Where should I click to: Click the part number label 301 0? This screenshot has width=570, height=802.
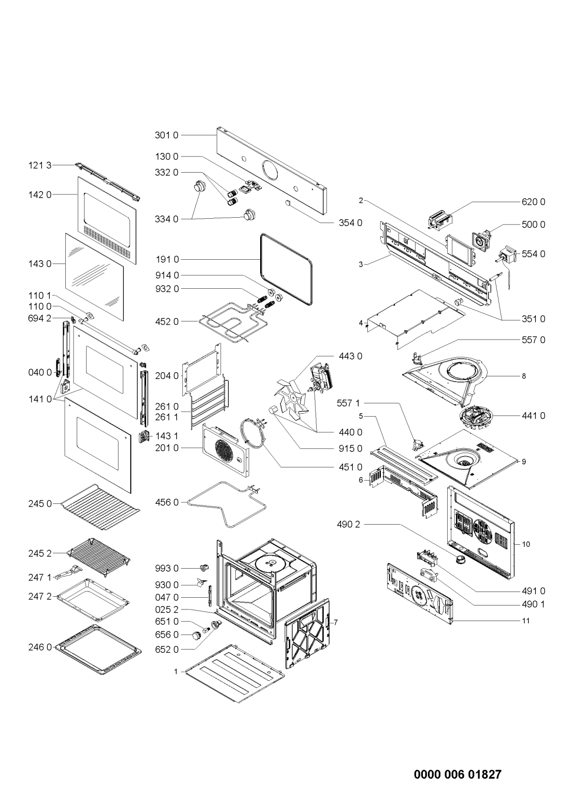click(x=166, y=135)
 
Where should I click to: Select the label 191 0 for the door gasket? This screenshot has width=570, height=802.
click(x=167, y=259)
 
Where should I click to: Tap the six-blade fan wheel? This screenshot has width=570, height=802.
click(x=290, y=398)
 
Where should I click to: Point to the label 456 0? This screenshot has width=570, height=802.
click(x=167, y=502)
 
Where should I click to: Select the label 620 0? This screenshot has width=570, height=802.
click(x=533, y=202)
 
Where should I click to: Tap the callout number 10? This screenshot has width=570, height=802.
click(x=525, y=544)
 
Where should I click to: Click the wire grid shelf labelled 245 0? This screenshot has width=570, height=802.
click(x=101, y=506)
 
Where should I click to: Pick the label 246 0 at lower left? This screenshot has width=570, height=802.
click(x=40, y=647)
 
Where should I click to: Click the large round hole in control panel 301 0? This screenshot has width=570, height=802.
click(x=270, y=169)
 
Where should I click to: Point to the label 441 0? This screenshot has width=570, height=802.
click(x=533, y=416)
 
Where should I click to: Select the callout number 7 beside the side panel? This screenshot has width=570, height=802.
click(x=336, y=622)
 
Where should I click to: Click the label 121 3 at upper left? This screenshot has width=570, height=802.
click(x=40, y=165)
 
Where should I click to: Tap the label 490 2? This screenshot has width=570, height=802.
click(x=348, y=525)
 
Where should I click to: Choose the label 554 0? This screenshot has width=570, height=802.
click(x=533, y=254)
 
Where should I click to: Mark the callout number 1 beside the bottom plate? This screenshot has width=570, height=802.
click(x=176, y=671)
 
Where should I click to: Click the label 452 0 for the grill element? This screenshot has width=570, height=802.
click(x=167, y=321)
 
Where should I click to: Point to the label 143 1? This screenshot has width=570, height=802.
click(x=166, y=436)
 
